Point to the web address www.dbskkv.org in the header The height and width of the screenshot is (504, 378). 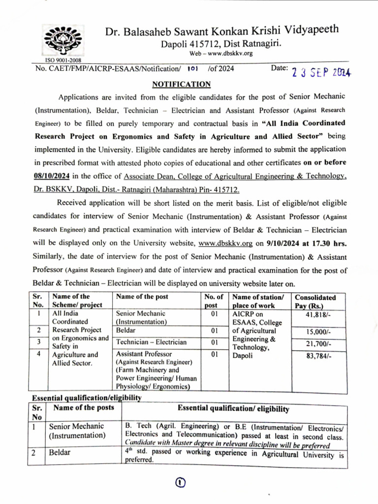[x=221, y=53]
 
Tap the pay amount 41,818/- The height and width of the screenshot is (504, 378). [x=318, y=314]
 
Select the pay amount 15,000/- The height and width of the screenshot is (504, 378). [x=318, y=331]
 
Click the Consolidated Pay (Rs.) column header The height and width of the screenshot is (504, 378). [x=315, y=301]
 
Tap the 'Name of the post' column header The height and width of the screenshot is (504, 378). [x=142, y=296]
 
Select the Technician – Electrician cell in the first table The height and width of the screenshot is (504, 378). [x=151, y=342]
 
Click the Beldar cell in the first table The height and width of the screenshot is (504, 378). [x=126, y=330]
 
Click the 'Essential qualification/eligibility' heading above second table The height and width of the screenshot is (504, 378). [x=87, y=397]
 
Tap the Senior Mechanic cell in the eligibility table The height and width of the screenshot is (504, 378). [x=77, y=431]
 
